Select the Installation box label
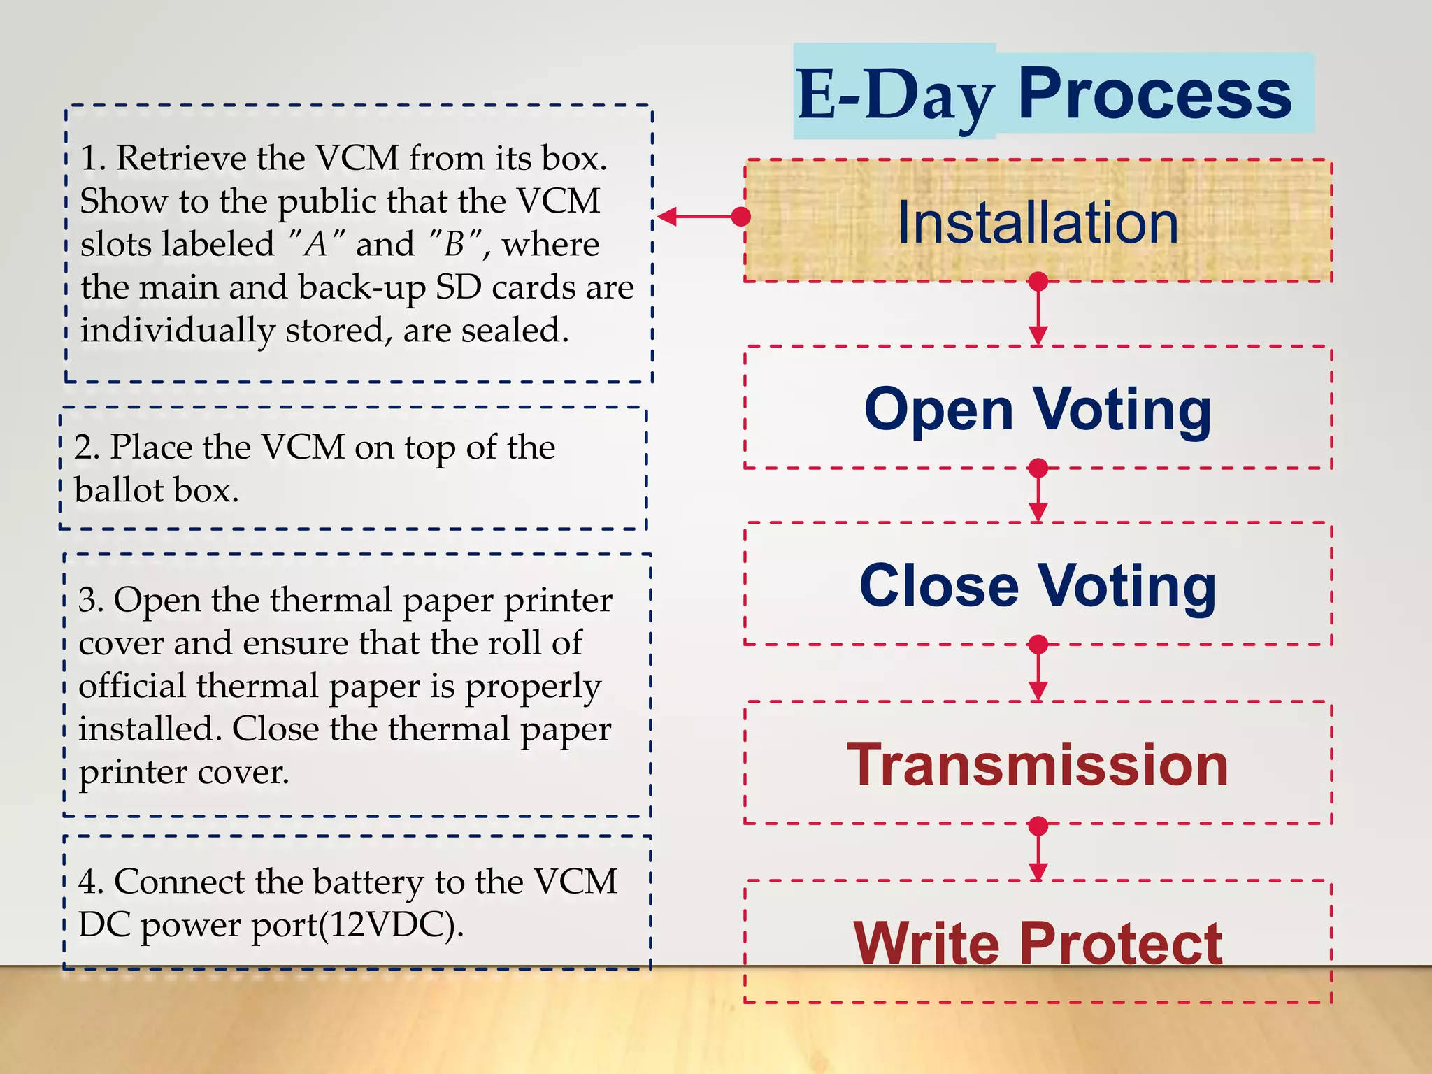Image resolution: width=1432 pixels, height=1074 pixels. coord(1038,222)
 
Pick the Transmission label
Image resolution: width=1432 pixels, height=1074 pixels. coord(1038,764)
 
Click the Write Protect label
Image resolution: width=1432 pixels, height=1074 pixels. coord(1038,943)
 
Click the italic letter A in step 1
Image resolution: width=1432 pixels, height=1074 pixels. coord(316,245)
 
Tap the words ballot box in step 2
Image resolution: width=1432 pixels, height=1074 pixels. coord(157,490)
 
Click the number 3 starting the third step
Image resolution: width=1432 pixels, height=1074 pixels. coord(87,600)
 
